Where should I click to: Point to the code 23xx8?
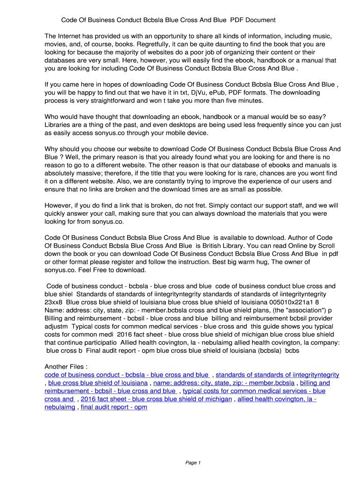[54, 302]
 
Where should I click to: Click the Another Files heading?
[66, 366]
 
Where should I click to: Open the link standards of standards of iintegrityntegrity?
[277, 375]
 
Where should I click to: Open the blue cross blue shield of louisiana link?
[98, 383]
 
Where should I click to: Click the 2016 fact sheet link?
[156, 399]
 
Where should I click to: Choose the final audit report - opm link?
[114, 407]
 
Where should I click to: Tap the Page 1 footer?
[193, 463]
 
